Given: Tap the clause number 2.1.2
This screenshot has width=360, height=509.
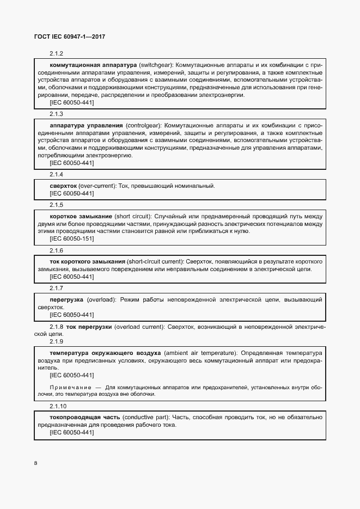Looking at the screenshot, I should pos(57,53).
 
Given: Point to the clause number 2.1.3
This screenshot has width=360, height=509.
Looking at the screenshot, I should pos(57,114).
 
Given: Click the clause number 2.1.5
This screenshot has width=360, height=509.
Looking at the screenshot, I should pos(57,205).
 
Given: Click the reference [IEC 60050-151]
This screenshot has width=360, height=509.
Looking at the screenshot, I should pos(71,238).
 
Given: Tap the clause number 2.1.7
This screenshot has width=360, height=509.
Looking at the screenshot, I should pos(57,288).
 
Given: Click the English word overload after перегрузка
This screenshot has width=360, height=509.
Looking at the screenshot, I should pos(100,299).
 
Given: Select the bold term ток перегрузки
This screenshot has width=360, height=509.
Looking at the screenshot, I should pos(89,327).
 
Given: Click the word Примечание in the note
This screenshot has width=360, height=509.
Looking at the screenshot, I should pos(69,387).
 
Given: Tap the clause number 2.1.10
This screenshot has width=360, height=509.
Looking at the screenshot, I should pos(58,406).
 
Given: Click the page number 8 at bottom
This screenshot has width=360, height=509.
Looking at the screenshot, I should pos(35,463).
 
